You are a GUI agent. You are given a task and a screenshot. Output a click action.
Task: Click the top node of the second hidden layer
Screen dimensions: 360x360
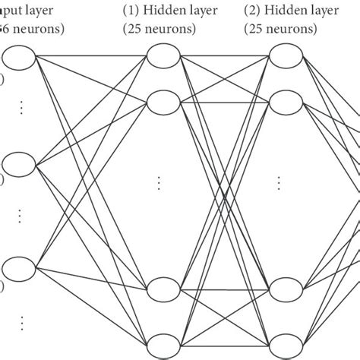coord(286,56)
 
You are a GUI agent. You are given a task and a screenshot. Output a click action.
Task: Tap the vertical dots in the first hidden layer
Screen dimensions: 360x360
coord(159,183)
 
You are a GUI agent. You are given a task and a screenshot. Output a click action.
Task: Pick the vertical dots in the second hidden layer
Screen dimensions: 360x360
coord(279,183)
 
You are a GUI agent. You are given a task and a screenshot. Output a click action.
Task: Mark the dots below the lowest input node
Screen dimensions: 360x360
coord(21,322)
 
